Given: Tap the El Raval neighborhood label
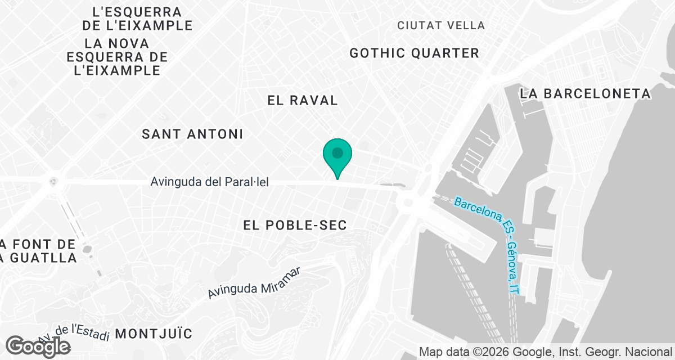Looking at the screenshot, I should [x=303, y=101].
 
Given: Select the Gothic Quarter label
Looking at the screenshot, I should [x=414, y=53].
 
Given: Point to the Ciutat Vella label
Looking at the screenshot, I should [x=441, y=25].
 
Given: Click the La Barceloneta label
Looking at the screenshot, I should [x=585, y=93].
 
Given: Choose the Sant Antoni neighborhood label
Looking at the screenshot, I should [x=192, y=134].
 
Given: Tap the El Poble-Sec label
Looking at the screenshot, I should [x=295, y=226].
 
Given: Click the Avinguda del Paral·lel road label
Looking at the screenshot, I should [x=210, y=183].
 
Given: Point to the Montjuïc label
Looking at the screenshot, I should [x=154, y=334].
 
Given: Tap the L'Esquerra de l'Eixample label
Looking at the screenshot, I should [x=137, y=19].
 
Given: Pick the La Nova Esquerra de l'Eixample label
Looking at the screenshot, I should [x=117, y=57].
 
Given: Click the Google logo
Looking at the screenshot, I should [x=38, y=346].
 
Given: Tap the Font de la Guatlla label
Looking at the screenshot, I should [x=38, y=251].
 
